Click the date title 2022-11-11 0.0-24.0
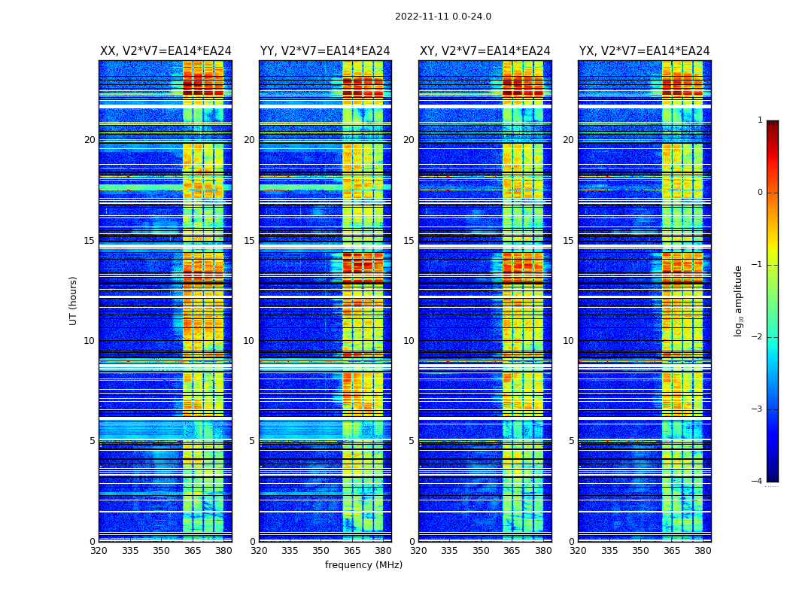click(x=442, y=17)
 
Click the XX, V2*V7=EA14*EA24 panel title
click(x=166, y=51)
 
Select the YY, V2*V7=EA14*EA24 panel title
click(x=325, y=51)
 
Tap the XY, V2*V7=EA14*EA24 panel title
click(x=485, y=51)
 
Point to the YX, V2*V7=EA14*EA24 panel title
click(x=644, y=51)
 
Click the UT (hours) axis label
click(x=73, y=300)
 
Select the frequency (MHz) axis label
click(x=363, y=565)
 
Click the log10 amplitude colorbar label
click(x=739, y=300)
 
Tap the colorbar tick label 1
click(x=759, y=120)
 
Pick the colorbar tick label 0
click(x=759, y=193)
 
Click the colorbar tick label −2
click(x=758, y=337)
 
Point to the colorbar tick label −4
click(x=758, y=482)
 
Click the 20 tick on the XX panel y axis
click(x=90, y=140)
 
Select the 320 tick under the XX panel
click(x=99, y=551)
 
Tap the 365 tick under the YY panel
click(x=352, y=551)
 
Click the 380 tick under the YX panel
click(x=703, y=551)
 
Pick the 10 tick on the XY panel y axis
click(x=409, y=341)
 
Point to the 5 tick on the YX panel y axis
click(x=571, y=441)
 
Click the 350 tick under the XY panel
click(x=481, y=551)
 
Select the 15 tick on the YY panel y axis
click(x=249, y=241)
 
